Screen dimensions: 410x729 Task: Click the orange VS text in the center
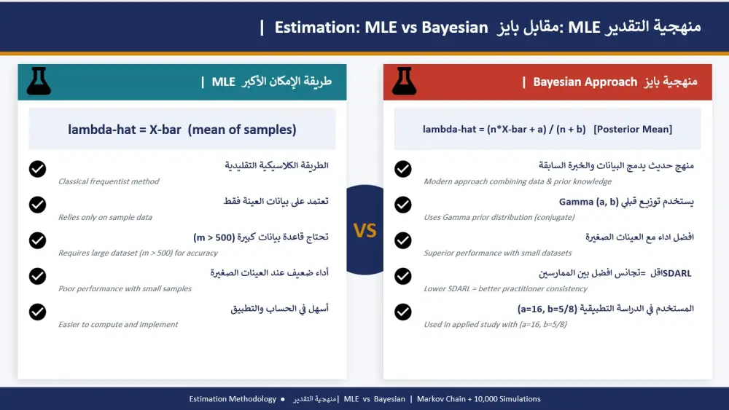(x=364, y=230)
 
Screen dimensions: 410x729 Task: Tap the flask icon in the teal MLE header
(x=39, y=82)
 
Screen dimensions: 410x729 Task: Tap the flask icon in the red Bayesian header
(x=404, y=82)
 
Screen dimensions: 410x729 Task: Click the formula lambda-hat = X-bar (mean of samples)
(x=182, y=130)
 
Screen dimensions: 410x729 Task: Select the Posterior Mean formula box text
(x=547, y=130)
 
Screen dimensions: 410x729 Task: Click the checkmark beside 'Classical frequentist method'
(x=37, y=169)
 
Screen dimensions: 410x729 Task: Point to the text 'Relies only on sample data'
(x=105, y=217)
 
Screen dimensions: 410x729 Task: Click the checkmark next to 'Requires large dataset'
(x=37, y=240)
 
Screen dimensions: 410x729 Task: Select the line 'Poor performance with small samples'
(x=125, y=288)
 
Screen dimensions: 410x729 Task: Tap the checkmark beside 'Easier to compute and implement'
(x=37, y=312)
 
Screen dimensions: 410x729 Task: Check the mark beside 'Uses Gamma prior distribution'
(x=403, y=205)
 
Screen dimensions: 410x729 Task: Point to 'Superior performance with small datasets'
(x=498, y=253)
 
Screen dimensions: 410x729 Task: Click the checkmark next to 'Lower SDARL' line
(x=403, y=276)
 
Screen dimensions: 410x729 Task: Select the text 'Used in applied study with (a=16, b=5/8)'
(x=495, y=324)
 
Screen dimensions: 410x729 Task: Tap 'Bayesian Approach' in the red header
(x=585, y=82)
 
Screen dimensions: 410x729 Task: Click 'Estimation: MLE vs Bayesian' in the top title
(x=381, y=28)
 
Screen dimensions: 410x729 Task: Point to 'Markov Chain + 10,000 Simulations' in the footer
(x=478, y=399)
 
